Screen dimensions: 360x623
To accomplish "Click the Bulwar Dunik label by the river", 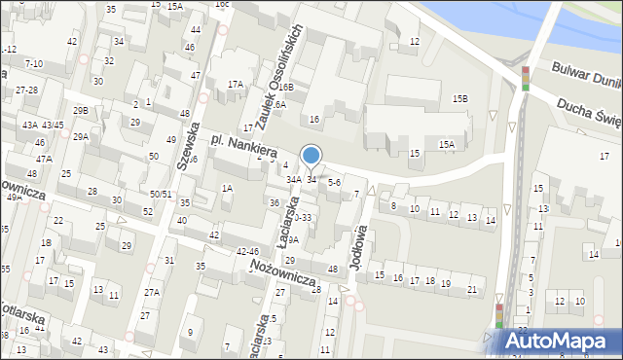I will pos(585,77).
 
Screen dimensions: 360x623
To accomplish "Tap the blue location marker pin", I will pos(311,155).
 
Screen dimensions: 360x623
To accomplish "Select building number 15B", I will pos(459,99).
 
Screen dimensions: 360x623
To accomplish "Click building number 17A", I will pos(236,85).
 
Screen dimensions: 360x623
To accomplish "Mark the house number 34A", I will pos(293,180).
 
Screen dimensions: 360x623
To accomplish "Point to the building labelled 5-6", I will pos(334,181).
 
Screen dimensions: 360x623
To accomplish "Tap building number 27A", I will pos(152,292).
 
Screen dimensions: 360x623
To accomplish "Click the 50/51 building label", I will pos(161,195).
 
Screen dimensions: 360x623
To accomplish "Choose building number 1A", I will pos(227,188).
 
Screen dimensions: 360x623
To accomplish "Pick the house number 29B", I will pos(80,111).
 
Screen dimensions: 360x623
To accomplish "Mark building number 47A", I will pos(44,158).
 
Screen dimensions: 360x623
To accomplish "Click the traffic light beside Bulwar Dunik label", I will pos(525,78).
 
